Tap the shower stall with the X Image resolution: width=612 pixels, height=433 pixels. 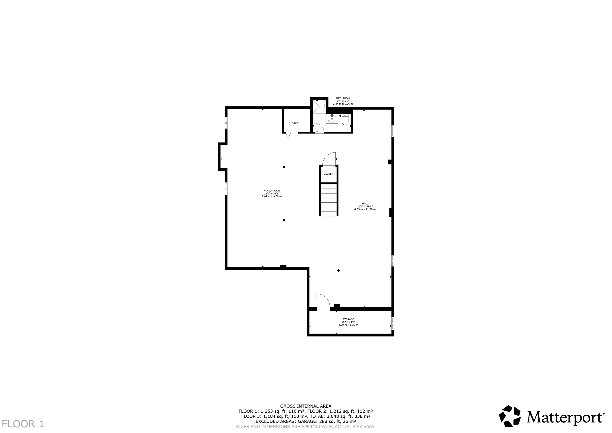(319, 106)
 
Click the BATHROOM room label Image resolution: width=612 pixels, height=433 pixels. (343, 98)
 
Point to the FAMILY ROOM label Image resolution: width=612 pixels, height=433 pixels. (272, 191)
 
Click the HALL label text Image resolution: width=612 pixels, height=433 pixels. (365, 204)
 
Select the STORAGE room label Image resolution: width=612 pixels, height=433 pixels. (348, 319)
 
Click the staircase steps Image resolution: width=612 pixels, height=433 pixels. (329, 200)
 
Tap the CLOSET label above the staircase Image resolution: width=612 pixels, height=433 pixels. (328, 174)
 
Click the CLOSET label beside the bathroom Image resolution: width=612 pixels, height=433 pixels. (293, 123)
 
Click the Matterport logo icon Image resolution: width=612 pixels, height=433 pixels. (510, 423)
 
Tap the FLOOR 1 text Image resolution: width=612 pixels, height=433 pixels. (23, 424)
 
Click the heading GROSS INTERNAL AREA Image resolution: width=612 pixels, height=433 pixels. (306, 406)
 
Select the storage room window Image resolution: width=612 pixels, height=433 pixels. (393, 323)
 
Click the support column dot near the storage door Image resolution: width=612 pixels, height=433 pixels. (339, 271)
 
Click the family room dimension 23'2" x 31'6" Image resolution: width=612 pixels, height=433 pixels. (272, 193)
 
